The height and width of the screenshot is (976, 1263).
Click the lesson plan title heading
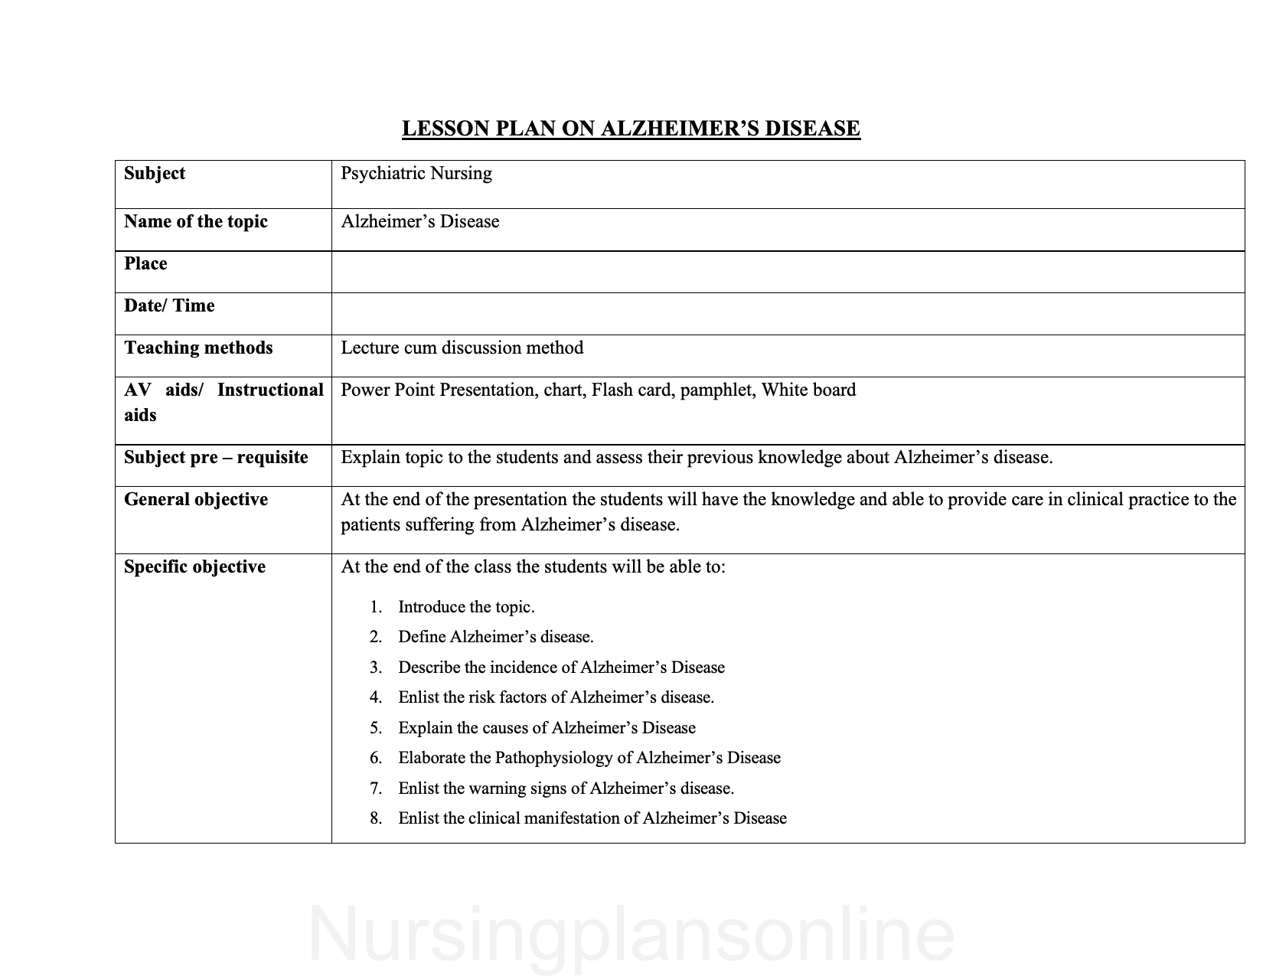631,128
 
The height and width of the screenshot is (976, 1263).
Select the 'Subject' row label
155,173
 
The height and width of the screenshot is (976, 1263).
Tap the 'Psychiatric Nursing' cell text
416,173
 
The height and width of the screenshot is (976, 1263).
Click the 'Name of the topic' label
196,221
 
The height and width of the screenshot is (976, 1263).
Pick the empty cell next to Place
788,271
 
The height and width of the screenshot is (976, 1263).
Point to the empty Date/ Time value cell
788,313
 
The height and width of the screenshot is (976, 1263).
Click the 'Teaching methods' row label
198,348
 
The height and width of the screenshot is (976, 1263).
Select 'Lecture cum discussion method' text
462,348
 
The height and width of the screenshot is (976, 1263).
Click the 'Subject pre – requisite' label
216,457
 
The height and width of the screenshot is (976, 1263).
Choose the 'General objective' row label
196,499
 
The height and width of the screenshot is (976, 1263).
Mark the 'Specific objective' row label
194,566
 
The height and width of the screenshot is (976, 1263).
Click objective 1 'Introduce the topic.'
466,607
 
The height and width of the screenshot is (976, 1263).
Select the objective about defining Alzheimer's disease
495,637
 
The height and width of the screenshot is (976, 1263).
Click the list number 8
375,818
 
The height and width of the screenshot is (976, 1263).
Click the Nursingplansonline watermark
631,935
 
